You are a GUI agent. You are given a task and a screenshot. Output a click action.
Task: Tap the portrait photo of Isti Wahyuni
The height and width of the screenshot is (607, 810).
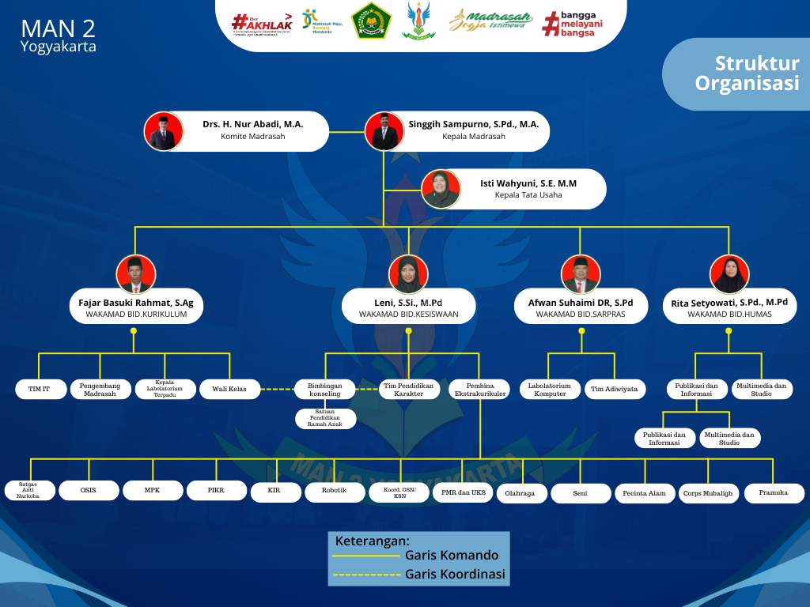pyautogui.click(x=441, y=189)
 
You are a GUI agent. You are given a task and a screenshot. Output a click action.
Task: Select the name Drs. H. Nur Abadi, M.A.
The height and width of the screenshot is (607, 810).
pyautogui.click(x=252, y=124)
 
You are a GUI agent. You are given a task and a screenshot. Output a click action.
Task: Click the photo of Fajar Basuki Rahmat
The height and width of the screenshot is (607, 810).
pyautogui.click(x=135, y=274)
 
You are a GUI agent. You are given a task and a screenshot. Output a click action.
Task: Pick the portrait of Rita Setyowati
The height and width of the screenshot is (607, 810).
pyautogui.click(x=729, y=274)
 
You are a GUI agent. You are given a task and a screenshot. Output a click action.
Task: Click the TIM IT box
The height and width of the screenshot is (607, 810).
pyautogui.click(x=39, y=389)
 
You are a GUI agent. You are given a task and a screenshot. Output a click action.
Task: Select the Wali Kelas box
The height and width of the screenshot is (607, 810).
pyautogui.click(x=229, y=389)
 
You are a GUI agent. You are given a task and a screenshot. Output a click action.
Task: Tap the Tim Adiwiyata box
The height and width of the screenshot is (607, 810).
pyautogui.click(x=615, y=389)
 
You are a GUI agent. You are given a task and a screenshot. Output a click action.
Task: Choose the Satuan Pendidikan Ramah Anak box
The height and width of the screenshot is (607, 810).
pyautogui.click(x=326, y=419)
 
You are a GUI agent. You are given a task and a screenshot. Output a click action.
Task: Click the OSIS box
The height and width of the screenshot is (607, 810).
pyautogui.click(x=89, y=490)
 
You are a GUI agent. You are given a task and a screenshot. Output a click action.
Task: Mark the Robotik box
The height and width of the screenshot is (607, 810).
pyautogui.click(x=334, y=492)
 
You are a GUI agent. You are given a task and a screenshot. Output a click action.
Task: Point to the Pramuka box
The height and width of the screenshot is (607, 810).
pyautogui.click(x=774, y=492)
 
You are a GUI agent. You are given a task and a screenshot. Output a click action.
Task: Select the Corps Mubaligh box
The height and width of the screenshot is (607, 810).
pyautogui.click(x=708, y=493)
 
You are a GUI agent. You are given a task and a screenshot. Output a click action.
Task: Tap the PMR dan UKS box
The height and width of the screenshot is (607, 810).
pyautogui.click(x=463, y=493)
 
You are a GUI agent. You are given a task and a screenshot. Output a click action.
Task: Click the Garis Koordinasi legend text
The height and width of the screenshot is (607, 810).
pyautogui.click(x=455, y=575)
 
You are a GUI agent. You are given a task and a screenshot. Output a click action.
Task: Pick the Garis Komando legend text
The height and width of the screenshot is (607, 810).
pyautogui.click(x=452, y=556)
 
